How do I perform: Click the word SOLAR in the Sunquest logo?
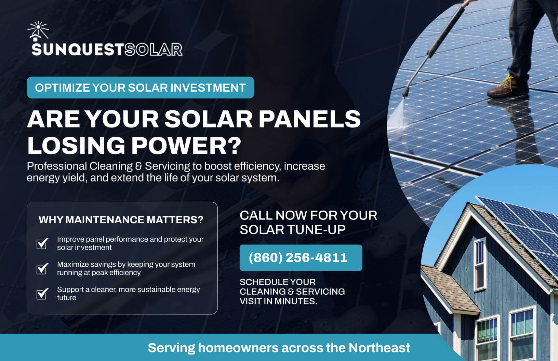(x=153, y=50)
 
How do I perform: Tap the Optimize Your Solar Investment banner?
(x=140, y=88)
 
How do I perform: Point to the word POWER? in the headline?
(x=186, y=146)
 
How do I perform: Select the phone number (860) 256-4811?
(x=298, y=257)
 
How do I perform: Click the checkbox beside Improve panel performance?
(x=42, y=243)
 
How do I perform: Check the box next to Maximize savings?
(x=42, y=269)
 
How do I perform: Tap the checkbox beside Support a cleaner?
(x=42, y=294)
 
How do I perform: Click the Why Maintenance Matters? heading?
(x=121, y=219)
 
